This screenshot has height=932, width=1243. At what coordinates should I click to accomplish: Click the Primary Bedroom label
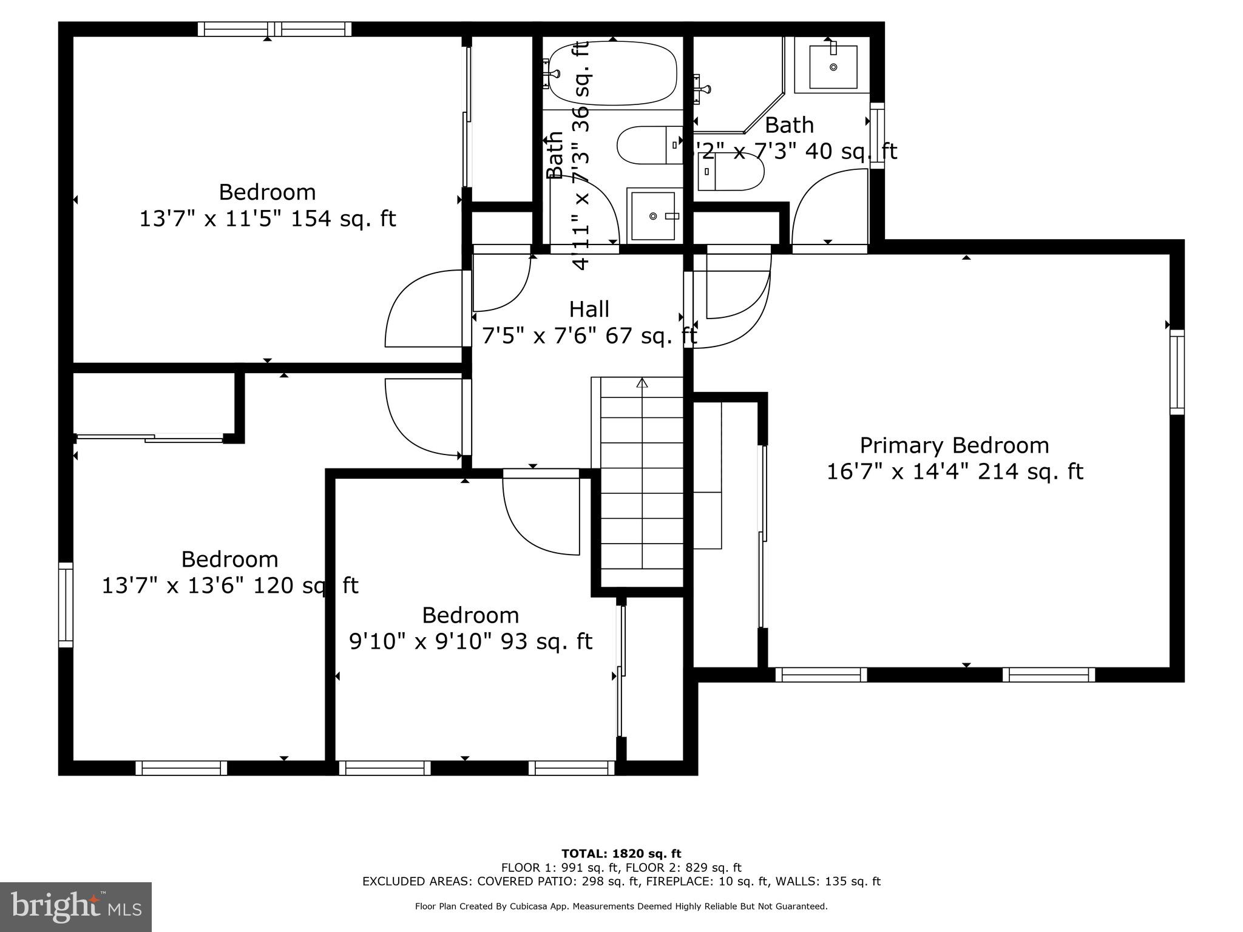[954, 446]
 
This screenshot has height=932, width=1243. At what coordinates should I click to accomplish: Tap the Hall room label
[589, 309]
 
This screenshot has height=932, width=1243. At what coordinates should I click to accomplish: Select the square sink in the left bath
[652, 216]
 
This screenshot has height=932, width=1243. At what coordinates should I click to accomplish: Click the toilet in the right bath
[731, 171]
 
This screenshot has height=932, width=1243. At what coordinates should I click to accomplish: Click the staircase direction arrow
[642, 383]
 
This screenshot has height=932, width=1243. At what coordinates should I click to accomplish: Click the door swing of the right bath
[828, 206]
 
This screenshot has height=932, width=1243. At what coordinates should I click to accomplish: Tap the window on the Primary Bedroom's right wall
[1177, 372]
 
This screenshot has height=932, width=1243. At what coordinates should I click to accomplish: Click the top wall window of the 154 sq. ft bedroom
[274, 29]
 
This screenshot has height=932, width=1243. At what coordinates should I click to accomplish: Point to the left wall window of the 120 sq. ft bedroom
[66, 604]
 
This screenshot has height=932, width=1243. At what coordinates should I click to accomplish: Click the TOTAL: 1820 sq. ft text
[621, 854]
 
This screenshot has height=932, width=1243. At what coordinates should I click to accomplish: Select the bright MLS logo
[76, 907]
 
